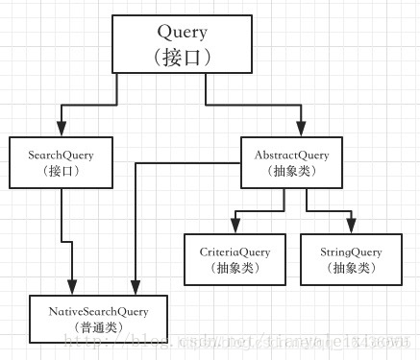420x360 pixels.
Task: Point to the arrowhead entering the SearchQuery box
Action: click(61, 132)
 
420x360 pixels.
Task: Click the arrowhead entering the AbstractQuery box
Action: click(300, 132)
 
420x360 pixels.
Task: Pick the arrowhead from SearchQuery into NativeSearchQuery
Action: click(74, 290)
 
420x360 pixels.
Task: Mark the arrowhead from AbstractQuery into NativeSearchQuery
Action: click(136, 290)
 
